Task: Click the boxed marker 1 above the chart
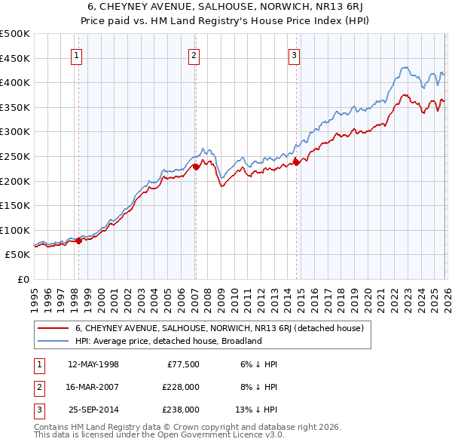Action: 78,55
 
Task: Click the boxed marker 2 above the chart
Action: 194,55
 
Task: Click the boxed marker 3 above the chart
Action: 295,55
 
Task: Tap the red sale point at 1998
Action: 78,241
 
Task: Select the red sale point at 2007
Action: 195,167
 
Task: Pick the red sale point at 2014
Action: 296,161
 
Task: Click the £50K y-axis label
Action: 18,255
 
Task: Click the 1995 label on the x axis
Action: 35,298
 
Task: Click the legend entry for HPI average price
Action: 167,341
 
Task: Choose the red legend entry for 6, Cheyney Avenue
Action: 219,328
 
